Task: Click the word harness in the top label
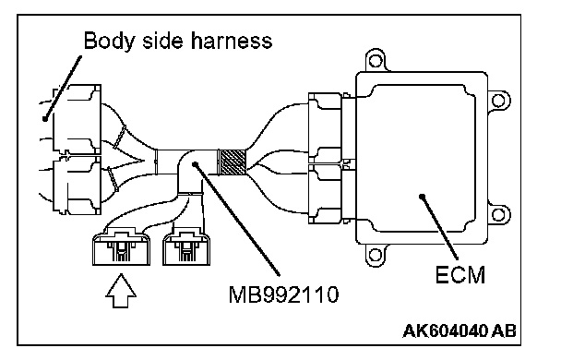(232, 40)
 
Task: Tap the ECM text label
(460, 275)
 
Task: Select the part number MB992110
(283, 294)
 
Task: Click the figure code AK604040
(445, 331)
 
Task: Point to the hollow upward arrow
(121, 291)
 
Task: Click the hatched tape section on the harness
(233, 162)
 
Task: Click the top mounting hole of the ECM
(376, 61)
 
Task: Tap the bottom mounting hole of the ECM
(376, 255)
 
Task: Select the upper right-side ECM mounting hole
(498, 101)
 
